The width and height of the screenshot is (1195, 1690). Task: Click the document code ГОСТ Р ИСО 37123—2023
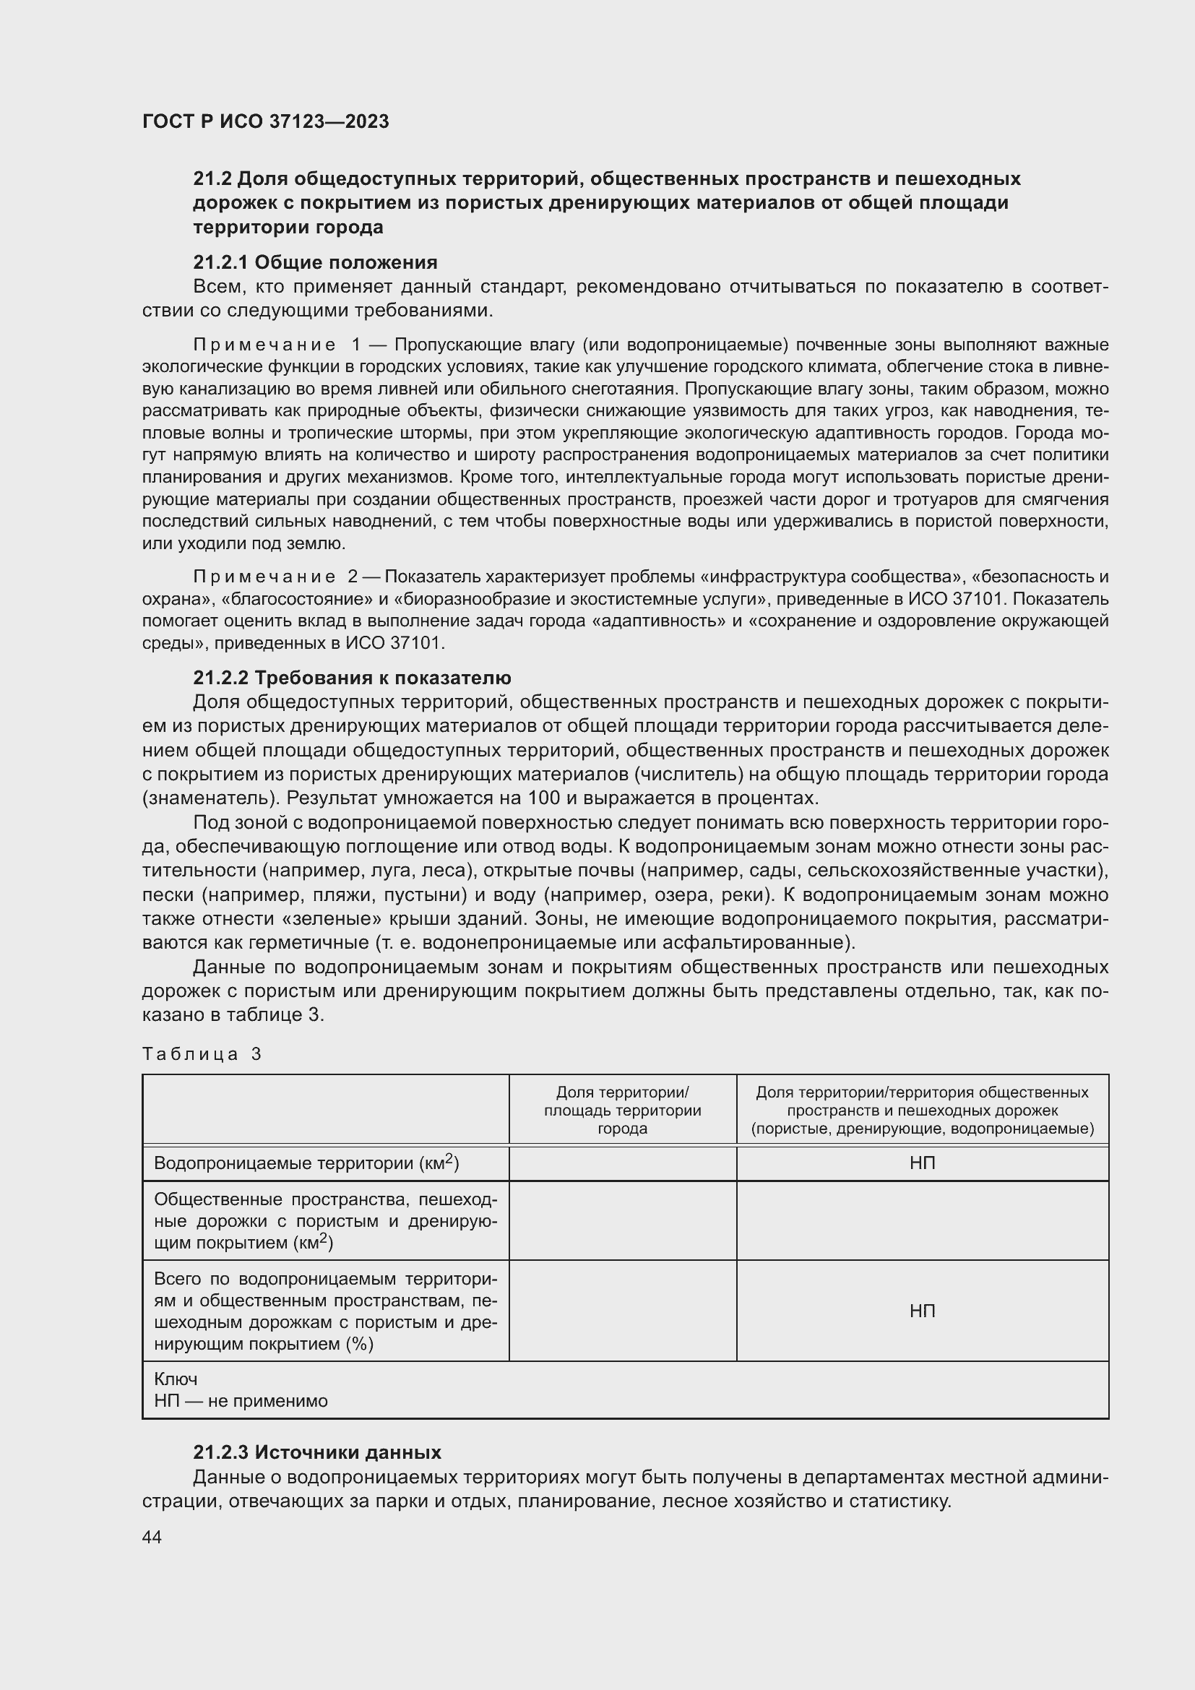tap(265, 121)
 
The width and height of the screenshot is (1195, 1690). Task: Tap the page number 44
tap(152, 1537)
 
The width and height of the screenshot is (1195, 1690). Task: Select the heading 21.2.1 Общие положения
tap(315, 262)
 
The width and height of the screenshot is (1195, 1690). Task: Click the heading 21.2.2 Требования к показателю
tap(352, 677)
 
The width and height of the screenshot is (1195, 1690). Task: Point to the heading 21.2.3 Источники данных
tap(317, 1452)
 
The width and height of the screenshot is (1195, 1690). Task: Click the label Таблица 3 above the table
tap(202, 1054)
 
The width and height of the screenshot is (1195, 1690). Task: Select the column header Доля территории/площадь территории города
tap(622, 1110)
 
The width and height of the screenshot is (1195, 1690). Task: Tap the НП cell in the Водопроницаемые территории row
tap(922, 1163)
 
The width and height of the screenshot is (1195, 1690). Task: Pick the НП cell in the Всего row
tap(922, 1310)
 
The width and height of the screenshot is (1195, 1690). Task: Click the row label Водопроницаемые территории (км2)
tap(306, 1163)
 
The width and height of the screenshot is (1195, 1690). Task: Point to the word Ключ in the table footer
tap(176, 1379)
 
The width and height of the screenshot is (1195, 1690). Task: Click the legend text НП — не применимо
tap(241, 1401)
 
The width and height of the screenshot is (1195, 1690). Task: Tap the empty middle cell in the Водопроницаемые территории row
tap(622, 1163)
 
